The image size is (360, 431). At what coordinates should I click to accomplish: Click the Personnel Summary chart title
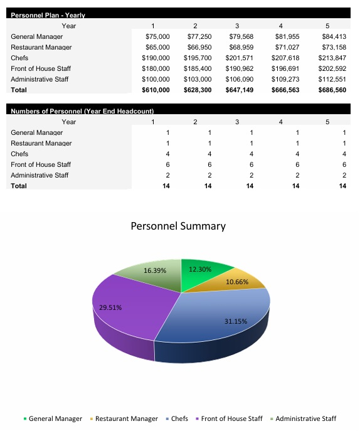tap(178, 226)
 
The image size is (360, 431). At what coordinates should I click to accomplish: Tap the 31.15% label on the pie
tap(236, 321)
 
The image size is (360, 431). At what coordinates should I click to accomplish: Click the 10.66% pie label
tap(237, 282)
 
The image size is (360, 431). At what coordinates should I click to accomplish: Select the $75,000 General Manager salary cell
tap(157, 37)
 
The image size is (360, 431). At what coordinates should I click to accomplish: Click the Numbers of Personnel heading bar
tap(82, 111)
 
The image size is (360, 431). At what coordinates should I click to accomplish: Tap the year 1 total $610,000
tap(156, 90)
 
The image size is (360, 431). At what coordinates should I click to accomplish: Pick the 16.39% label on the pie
tap(155, 270)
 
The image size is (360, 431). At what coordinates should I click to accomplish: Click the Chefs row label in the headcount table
tap(19, 154)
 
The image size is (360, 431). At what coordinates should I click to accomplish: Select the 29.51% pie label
tap(110, 307)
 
